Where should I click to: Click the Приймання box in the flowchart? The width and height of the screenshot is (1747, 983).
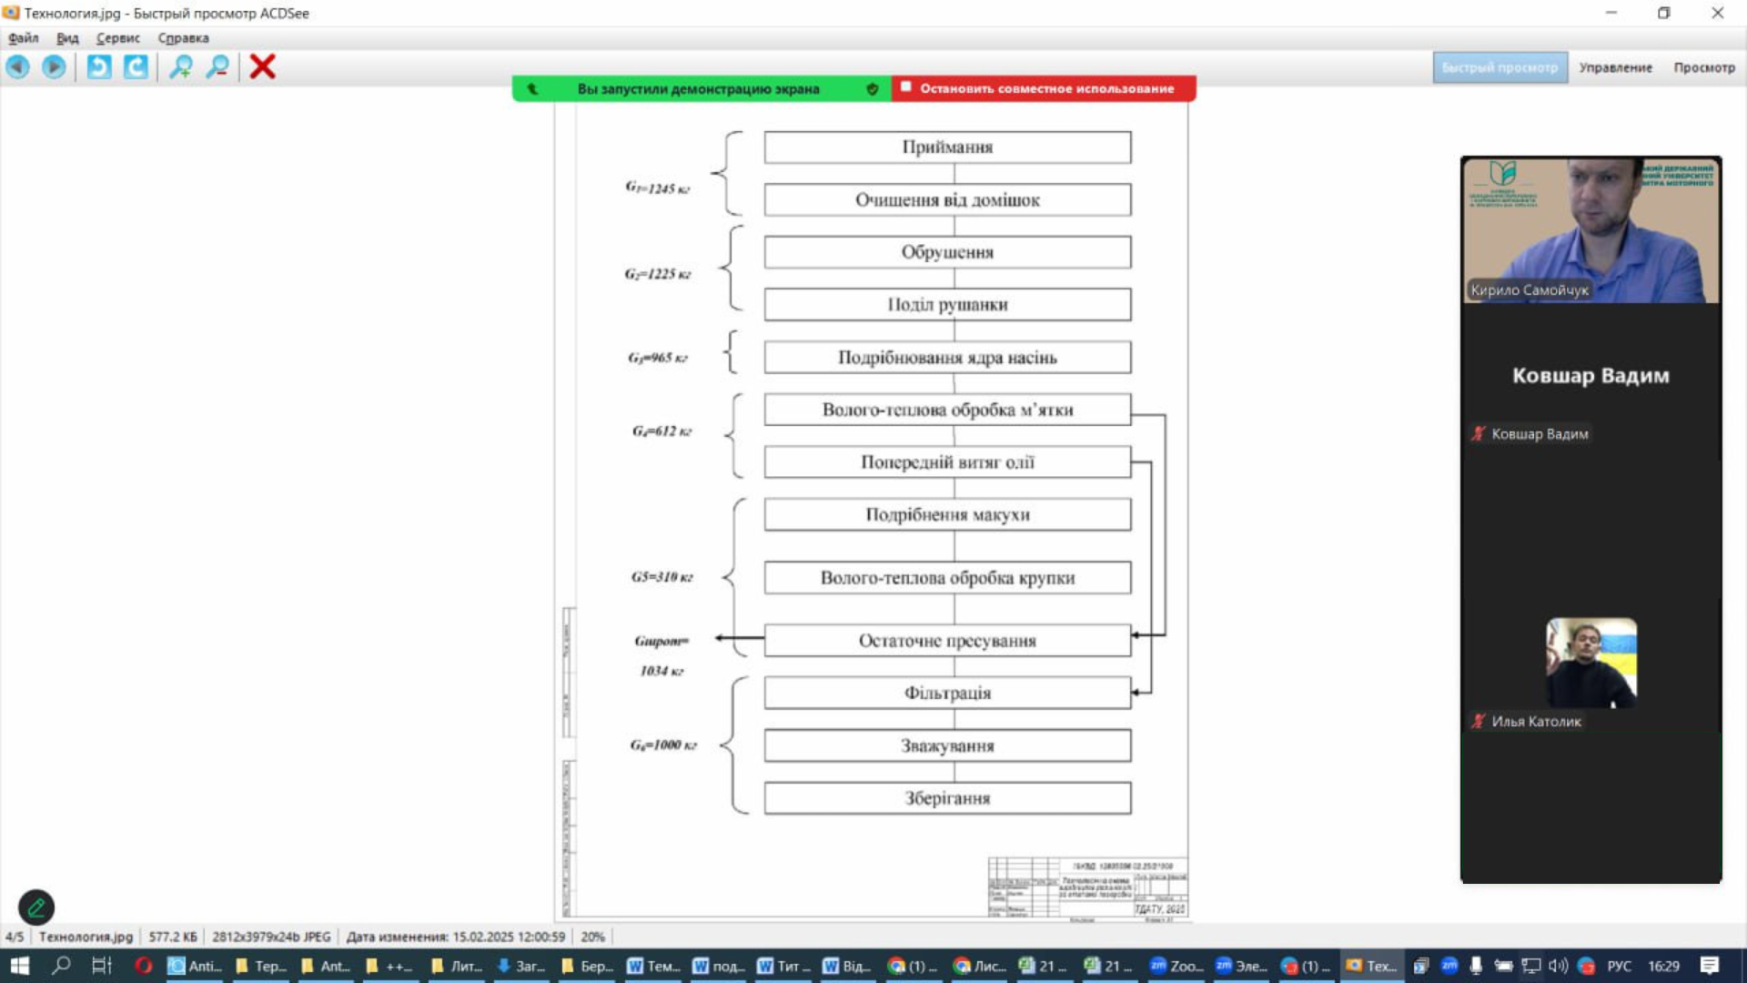pos(947,147)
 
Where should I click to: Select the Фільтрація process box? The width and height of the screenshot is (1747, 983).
pos(947,694)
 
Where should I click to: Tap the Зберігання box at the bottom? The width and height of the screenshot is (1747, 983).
pos(947,798)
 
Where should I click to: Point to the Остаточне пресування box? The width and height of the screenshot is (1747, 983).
pos(947,641)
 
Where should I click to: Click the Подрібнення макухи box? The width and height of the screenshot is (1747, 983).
pos(947,515)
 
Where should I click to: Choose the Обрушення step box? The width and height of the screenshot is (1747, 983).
pos(947,252)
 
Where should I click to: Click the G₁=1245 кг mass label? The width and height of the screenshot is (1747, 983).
pos(657,188)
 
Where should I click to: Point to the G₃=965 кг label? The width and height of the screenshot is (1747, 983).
pos(658,358)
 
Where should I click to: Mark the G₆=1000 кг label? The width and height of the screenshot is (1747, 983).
pos(663,745)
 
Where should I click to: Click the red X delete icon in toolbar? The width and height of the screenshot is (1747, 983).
pos(262,66)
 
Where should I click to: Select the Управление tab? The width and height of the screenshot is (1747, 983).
pos(1615,67)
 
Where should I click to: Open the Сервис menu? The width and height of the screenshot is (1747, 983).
pos(118,38)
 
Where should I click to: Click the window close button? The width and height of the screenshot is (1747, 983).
pos(1717,13)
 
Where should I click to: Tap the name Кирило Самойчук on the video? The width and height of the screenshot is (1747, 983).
pos(1530,290)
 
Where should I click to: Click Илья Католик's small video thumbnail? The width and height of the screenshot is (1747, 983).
pos(1590,663)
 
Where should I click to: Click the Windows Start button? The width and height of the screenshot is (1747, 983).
pos(19,966)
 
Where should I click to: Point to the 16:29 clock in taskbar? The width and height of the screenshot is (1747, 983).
pos(1663,966)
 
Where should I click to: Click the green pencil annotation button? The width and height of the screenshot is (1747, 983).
pos(36,907)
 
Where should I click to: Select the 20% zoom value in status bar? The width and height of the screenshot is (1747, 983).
pos(592,937)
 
